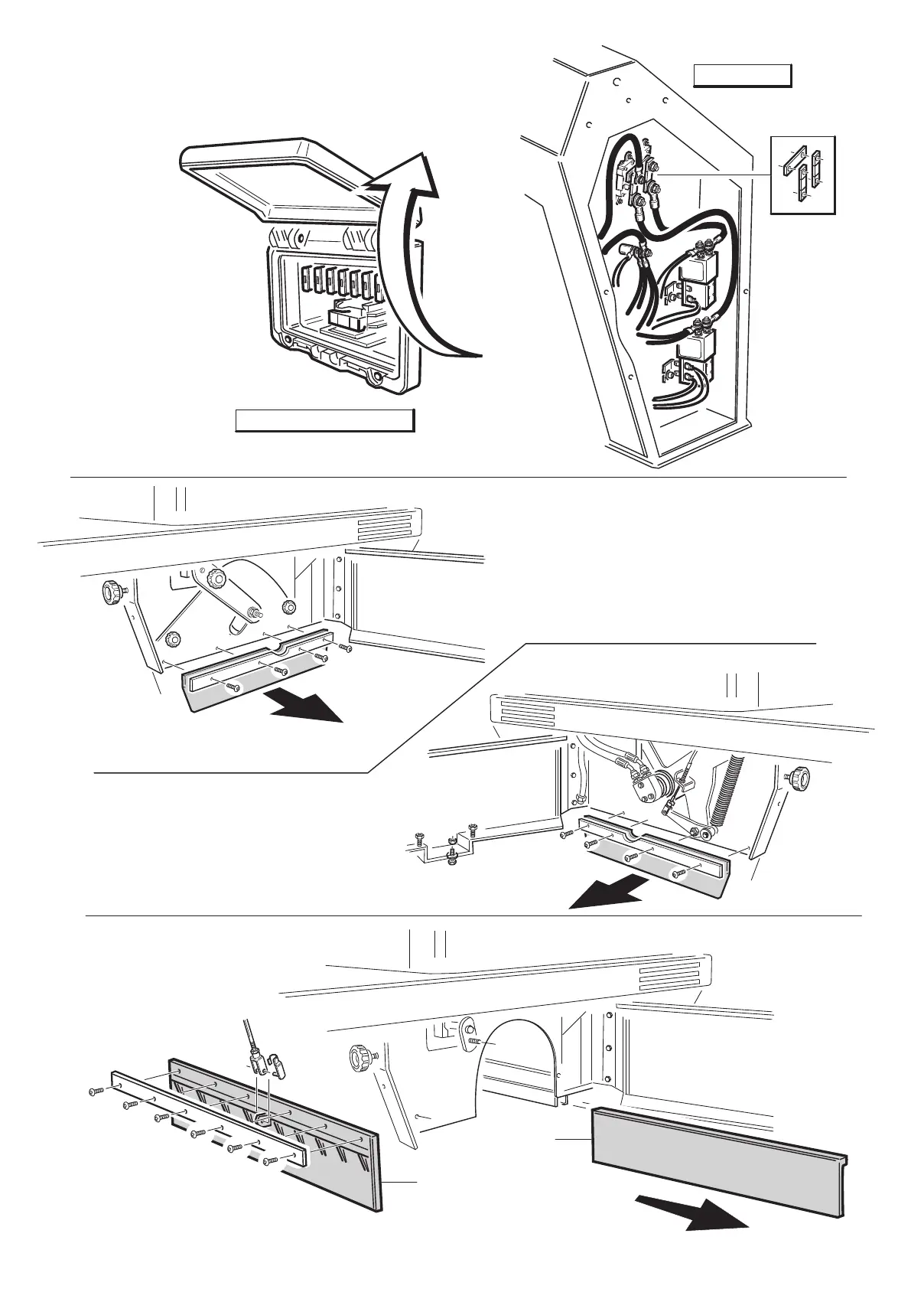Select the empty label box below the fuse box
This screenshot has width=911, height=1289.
tap(324, 420)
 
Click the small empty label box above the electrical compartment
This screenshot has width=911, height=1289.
tap(741, 77)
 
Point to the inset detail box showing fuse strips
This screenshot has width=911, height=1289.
tap(802, 174)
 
